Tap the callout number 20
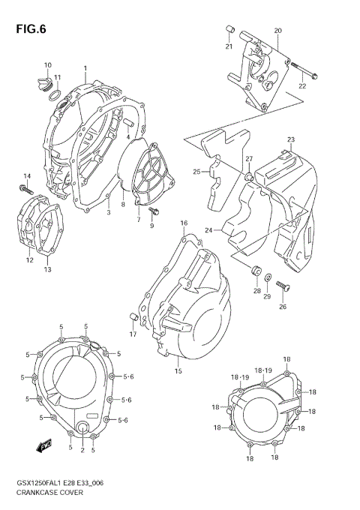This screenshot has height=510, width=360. (277, 31)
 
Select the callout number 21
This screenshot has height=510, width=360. (229, 47)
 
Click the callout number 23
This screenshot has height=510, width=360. (290, 139)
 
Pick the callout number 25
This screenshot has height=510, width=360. (196, 172)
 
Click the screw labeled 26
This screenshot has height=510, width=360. (282, 286)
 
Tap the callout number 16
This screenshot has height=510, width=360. (184, 223)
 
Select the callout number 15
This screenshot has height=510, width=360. (178, 370)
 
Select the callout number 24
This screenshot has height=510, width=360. (210, 230)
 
